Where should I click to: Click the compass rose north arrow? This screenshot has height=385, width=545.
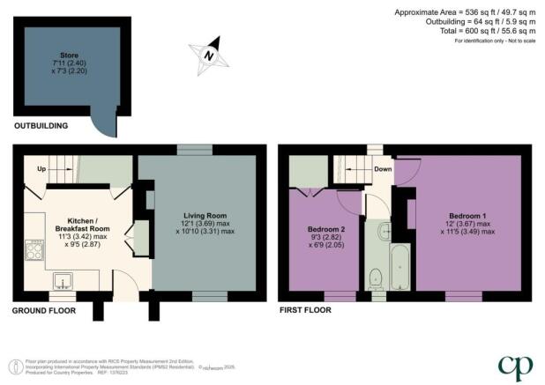[x=209, y=54]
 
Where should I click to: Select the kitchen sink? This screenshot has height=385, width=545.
[x=63, y=281]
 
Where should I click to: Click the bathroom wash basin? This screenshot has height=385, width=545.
[x=384, y=233]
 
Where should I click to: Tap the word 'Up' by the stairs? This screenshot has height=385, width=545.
[x=41, y=169]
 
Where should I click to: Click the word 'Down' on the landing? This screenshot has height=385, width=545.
[x=383, y=169]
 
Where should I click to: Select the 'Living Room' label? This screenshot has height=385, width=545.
[x=205, y=216]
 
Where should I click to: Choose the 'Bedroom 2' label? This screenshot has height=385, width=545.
[x=326, y=229]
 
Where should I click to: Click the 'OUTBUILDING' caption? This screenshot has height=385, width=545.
[x=41, y=126]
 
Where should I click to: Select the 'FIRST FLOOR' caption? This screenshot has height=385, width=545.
[x=304, y=310]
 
